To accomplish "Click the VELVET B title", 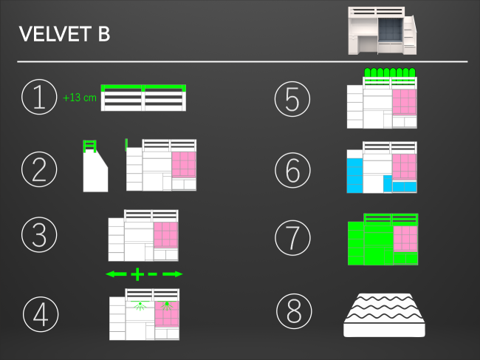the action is [x=64, y=34].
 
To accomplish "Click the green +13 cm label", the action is [x=80, y=98].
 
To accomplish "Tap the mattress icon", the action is [x=384, y=315].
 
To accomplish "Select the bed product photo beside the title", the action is [x=383, y=31].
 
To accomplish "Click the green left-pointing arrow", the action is [x=116, y=274].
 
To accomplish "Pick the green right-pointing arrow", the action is [x=173, y=274].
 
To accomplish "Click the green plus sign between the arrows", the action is [x=137, y=274].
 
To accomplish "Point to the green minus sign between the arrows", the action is [x=152, y=274].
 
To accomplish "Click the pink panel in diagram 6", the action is [x=404, y=166].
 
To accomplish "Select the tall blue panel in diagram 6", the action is [x=354, y=175].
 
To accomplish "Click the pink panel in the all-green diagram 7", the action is [x=405, y=239].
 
